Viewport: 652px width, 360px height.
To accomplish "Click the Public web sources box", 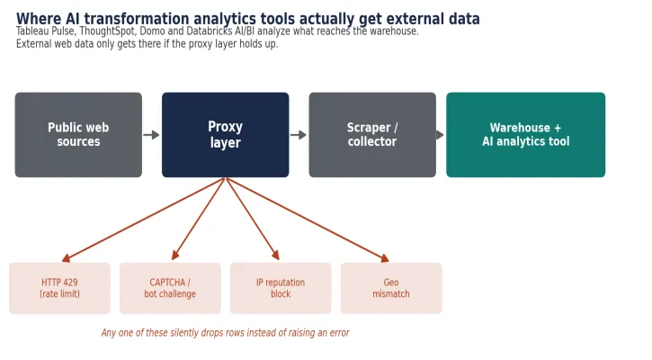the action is (78, 135).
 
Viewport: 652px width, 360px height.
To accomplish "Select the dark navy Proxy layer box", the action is (226, 135).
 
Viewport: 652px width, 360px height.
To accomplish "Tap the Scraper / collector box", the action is (372, 135).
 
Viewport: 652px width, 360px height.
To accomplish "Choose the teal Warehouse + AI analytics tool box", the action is (525, 135).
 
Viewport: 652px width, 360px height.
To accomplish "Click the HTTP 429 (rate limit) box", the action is (60, 288).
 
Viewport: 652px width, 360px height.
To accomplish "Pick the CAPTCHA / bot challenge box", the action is (170, 288).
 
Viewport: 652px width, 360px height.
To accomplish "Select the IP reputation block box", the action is (281, 288).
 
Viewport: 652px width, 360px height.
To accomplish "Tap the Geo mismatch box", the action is (391, 288).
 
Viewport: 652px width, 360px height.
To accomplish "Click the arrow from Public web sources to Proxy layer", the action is (151, 135).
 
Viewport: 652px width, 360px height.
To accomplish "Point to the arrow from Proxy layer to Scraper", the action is (299, 135).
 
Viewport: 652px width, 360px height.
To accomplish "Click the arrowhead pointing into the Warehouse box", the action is (440, 135).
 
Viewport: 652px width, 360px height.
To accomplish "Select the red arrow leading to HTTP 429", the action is (144, 220).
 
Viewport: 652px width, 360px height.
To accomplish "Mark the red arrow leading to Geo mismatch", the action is (308, 220).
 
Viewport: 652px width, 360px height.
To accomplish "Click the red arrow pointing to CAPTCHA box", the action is (199, 219).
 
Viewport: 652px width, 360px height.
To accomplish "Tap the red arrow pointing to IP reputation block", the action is (253, 219).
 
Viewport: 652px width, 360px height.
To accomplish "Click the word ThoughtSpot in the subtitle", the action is (108, 31).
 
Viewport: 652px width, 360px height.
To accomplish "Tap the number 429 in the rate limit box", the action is (70, 283).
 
